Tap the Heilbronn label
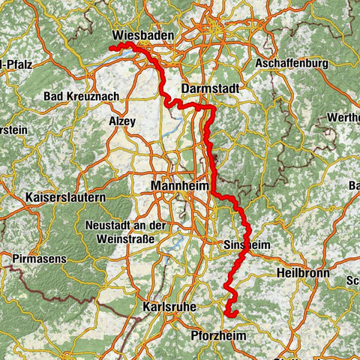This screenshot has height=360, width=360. click(302, 273)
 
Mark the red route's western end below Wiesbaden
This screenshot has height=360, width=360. click(112, 49)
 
